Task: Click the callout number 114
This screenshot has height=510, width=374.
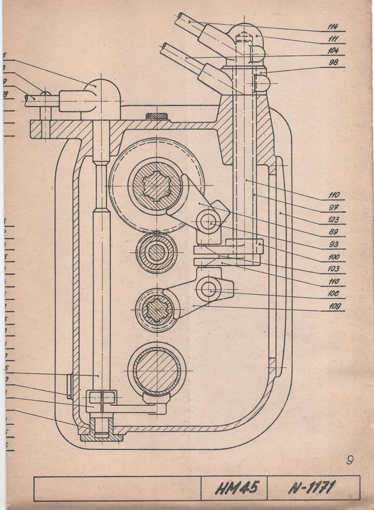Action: pos(334,26)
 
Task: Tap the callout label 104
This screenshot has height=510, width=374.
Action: pos(334,50)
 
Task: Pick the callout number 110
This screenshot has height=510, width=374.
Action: pos(334,195)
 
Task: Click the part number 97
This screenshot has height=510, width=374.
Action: pos(334,208)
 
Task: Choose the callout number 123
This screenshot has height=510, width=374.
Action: pos(334,220)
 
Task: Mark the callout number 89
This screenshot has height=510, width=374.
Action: pos(334,232)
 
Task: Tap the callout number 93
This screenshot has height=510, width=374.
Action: pos(334,244)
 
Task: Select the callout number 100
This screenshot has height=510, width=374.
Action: pos(334,257)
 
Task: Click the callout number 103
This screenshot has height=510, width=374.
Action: pos(334,269)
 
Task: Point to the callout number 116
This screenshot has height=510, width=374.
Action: pos(334,281)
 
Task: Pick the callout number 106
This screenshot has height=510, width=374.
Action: pos(334,293)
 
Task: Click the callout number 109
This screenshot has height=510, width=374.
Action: pos(334,306)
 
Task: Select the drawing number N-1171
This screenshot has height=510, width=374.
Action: pos(311,488)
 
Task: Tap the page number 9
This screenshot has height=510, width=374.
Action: pos(350,460)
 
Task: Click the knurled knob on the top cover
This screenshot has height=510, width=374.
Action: pos(156,116)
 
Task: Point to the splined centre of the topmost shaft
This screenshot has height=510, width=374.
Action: pos(156,186)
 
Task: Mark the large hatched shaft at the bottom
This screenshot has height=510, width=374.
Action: pos(156,369)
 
